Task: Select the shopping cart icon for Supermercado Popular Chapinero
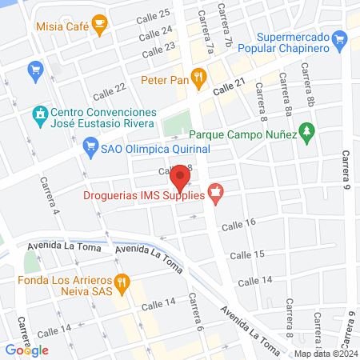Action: (x=341, y=38)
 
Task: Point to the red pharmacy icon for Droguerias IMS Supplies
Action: (x=214, y=193)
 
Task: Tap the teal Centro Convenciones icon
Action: (x=38, y=114)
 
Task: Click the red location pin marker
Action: (x=181, y=176)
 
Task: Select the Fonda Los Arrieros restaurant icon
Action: (x=122, y=281)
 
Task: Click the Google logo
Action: (x=26, y=350)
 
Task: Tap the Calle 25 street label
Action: (x=154, y=14)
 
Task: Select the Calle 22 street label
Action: (x=110, y=90)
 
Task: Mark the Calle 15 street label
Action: (x=246, y=254)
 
